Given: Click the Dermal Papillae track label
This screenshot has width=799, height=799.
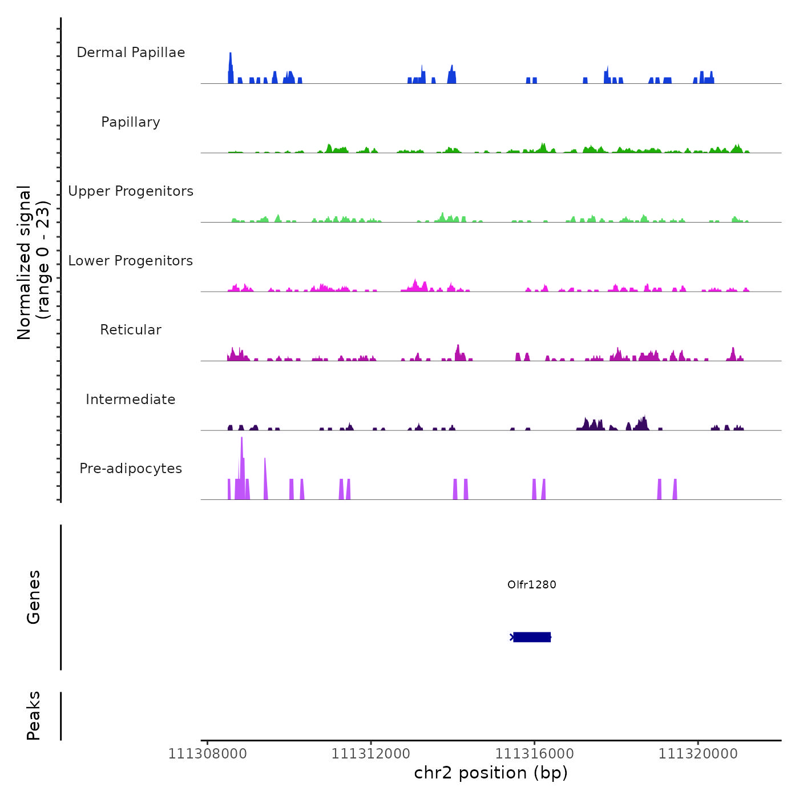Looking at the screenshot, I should [x=131, y=53].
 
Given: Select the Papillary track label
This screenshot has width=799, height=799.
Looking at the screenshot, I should [x=131, y=122].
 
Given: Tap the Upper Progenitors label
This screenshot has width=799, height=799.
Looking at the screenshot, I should [x=131, y=191].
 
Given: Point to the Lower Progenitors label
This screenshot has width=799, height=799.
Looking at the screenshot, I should [x=131, y=261].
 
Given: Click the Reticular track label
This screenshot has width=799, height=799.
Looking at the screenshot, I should [x=131, y=330].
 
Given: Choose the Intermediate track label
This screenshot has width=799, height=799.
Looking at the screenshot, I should [x=131, y=399].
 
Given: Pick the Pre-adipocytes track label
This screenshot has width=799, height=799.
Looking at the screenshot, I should [x=131, y=469].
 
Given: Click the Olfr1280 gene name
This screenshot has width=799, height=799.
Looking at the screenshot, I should [x=531, y=584].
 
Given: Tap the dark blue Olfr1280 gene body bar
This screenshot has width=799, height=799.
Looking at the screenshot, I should [x=531, y=637].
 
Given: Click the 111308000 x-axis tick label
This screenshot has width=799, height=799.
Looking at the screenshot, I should [x=207, y=754].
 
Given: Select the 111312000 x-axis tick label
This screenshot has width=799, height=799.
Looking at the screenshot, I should [x=370, y=754].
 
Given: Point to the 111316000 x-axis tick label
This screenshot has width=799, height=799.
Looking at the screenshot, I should [x=534, y=754].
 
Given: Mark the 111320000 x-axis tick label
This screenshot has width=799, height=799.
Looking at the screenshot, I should [x=697, y=754].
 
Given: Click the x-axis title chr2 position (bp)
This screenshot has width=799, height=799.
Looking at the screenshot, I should [x=491, y=773].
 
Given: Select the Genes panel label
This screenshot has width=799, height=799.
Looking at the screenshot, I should [x=34, y=597].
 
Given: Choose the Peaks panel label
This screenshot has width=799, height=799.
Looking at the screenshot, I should [x=34, y=716].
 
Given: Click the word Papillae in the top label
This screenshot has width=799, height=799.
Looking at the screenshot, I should [x=158, y=53].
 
